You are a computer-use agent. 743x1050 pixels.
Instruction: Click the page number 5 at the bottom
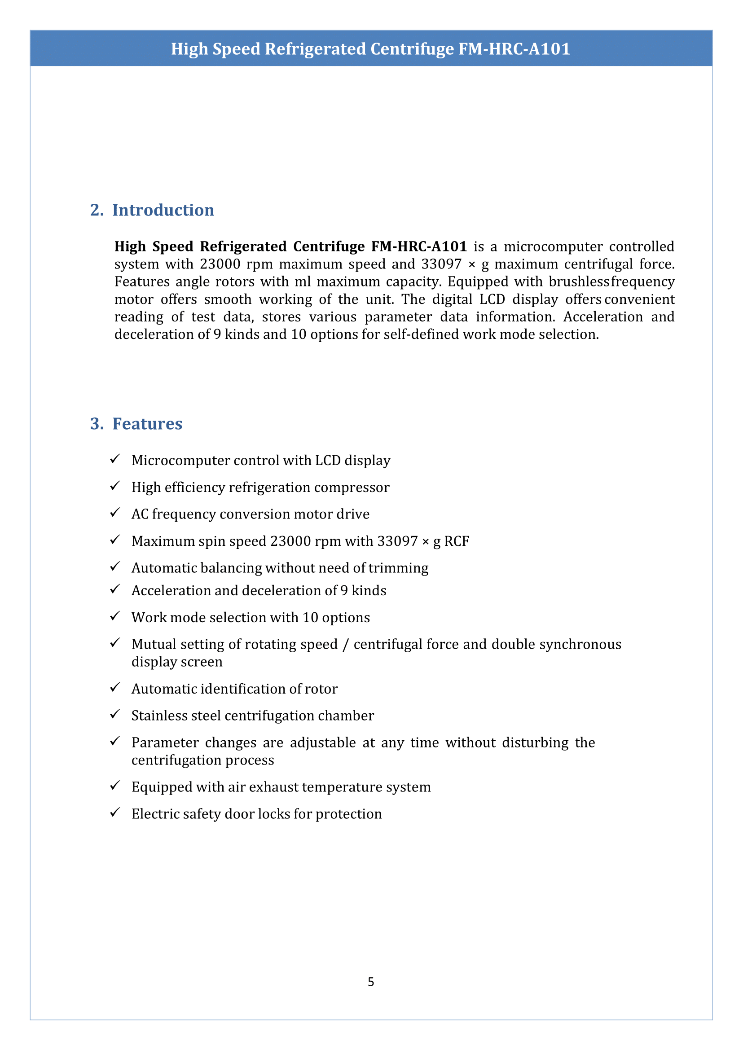tap(370, 981)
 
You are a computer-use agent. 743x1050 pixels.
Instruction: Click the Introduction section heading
tap(163, 210)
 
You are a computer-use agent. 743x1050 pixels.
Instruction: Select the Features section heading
tap(147, 424)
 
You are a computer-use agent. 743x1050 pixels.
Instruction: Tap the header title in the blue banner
tap(370, 48)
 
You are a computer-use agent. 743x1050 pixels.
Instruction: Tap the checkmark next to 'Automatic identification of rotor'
tap(115, 687)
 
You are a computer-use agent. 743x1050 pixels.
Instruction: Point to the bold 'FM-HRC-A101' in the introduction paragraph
tap(418, 246)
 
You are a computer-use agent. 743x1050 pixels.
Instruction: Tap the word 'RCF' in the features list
tap(457, 541)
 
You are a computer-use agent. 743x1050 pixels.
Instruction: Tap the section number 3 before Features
tap(97, 424)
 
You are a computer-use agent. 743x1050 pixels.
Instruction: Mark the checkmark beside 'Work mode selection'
tap(115, 616)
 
